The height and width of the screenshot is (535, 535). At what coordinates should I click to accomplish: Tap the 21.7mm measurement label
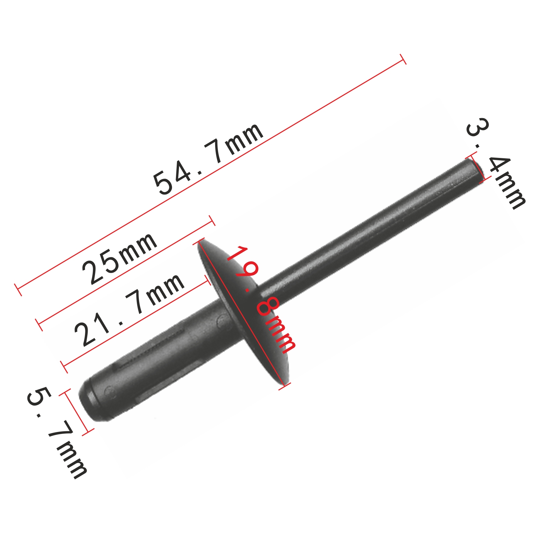(x=129, y=309)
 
